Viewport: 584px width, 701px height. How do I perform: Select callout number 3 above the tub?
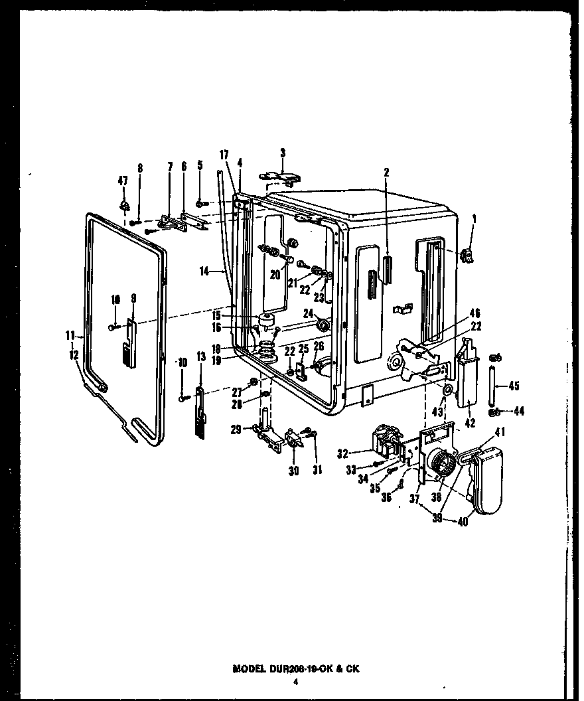(283, 153)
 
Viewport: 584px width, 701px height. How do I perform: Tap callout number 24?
(308, 313)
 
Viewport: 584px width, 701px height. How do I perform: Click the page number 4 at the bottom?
(297, 681)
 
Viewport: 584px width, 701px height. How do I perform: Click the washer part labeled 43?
(449, 389)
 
